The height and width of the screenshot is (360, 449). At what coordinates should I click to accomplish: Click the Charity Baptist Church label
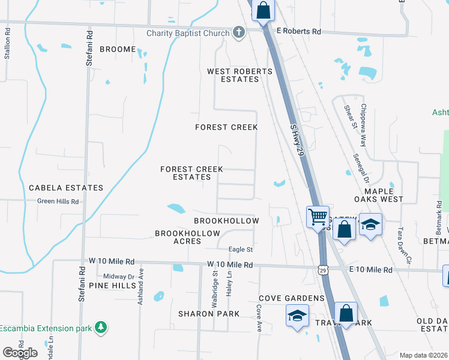(x=188, y=33)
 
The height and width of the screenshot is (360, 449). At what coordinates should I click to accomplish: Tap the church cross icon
(x=239, y=32)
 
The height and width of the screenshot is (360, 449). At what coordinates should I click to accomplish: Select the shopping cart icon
(x=317, y=215)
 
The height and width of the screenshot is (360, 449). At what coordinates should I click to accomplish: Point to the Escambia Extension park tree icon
(x=101, y=328)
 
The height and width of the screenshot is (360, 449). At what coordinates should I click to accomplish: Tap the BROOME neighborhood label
(x=118, y=49)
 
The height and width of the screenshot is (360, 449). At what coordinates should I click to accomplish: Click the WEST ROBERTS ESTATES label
(x=240, y=75)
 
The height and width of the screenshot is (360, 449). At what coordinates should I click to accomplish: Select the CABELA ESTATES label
(x=66, y=188)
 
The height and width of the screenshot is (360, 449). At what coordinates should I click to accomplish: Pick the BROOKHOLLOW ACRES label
(x=188, y=237)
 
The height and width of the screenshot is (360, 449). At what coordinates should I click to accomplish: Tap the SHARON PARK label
(x=209, y=314)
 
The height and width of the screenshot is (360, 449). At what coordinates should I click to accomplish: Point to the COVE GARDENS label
(x=292, y=298)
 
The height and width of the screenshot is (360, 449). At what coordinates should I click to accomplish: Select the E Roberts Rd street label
(x=298, y=31)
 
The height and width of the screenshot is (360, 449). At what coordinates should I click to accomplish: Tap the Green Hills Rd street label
(x=58, y=202)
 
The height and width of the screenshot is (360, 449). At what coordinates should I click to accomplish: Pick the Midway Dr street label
(x=118, y=276)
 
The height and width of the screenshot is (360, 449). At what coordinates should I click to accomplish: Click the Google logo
(x=20, y=353)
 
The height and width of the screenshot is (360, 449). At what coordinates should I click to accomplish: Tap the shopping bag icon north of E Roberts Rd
(x=263, y=10)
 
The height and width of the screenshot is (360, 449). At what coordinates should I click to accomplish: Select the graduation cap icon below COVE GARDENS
(x=297, y=316)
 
